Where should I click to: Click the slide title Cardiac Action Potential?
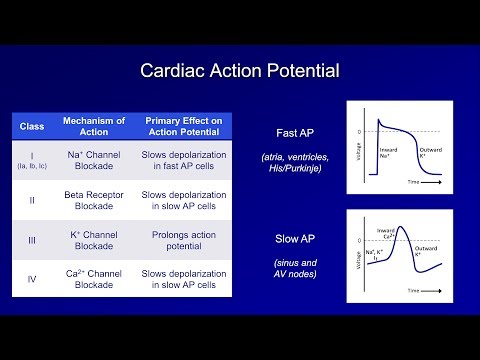pyautogui.click(x=239, y=71)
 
